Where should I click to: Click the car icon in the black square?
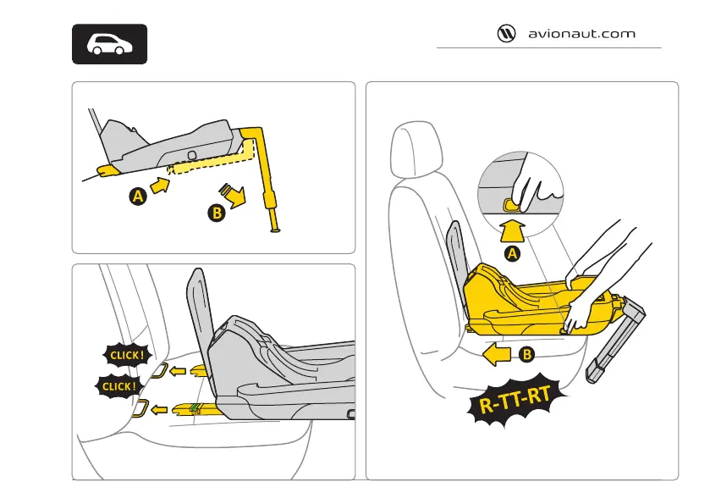pos(108,45)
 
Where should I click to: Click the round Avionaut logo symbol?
pos(506,35)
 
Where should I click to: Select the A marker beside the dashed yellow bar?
pos(135,197)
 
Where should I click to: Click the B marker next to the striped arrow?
pos(217,213)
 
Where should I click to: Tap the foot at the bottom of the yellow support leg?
pos(275,229)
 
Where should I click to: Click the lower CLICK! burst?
pos(118,387)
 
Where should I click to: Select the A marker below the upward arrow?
pos(511,252)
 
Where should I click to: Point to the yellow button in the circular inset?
pos(510,203)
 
